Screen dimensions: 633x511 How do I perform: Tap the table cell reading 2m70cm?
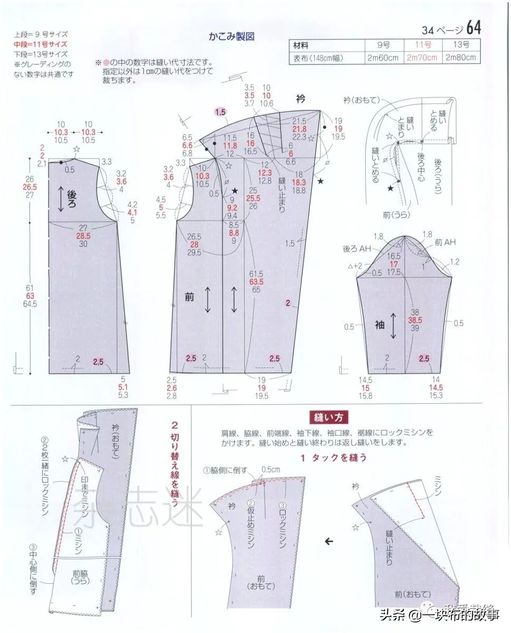click(421, 58)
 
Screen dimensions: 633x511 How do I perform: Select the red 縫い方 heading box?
click(329, 417)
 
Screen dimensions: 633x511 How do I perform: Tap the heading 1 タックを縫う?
click(334, 457)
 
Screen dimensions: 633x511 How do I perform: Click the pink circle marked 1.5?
click(220, 112)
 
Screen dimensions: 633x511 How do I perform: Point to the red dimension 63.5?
click(256, 282)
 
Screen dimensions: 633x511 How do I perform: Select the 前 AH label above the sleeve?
click(445, 242)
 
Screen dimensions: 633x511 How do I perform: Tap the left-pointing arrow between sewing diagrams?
click(329, 541)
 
